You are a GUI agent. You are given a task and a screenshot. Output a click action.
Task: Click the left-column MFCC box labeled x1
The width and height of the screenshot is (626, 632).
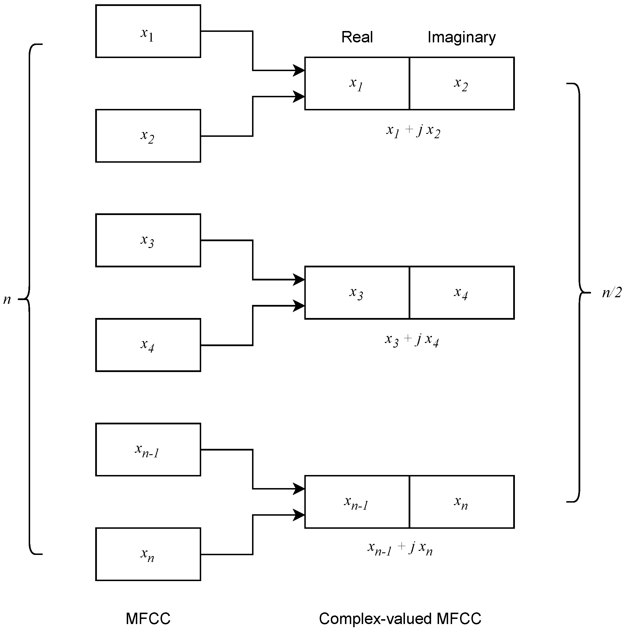(x=148, y=31)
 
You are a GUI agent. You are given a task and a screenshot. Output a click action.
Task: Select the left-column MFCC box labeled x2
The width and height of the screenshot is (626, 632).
(x=148, y=136)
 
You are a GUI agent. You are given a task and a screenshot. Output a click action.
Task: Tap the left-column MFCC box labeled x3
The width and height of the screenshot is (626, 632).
(x=148, y=240)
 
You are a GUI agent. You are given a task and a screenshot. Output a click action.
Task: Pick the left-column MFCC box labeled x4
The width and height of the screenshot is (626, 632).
(x=148, y=345)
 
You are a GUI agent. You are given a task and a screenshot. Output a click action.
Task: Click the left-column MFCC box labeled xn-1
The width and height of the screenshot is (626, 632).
(x=148, y=449)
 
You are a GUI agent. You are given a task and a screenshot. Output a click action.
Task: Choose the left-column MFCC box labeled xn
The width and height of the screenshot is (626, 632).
(x=148, y=554)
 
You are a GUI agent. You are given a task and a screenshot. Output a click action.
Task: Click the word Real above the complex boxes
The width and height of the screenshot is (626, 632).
(x=357, y=37)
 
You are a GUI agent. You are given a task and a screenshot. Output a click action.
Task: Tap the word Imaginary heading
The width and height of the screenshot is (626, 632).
(x=461, y=37)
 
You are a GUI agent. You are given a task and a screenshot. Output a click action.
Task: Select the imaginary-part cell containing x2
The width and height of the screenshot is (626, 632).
(x=461, y=83)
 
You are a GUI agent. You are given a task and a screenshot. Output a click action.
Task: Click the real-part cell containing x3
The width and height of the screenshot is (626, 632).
(x=357, y=293)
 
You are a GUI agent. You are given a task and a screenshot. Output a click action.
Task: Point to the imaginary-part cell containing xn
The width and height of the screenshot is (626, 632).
(x=461, y=502)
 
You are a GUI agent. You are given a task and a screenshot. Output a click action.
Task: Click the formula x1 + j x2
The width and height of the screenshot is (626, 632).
(x=413, y=131)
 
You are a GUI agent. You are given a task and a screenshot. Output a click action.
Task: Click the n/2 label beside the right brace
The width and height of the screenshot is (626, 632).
(x=611, y=292)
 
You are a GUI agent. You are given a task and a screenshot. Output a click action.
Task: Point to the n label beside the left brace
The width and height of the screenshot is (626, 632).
(x=7, y=299)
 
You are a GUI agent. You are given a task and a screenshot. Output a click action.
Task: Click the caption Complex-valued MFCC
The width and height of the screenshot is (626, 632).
(x=400, y=618)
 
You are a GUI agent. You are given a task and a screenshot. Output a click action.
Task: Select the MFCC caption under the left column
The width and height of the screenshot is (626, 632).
(x=148, y=618)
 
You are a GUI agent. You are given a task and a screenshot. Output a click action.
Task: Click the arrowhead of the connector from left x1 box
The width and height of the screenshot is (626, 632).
(x=299, y=70)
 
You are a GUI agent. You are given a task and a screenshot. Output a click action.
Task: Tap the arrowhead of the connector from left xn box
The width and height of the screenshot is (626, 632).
(x=299, y=515)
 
